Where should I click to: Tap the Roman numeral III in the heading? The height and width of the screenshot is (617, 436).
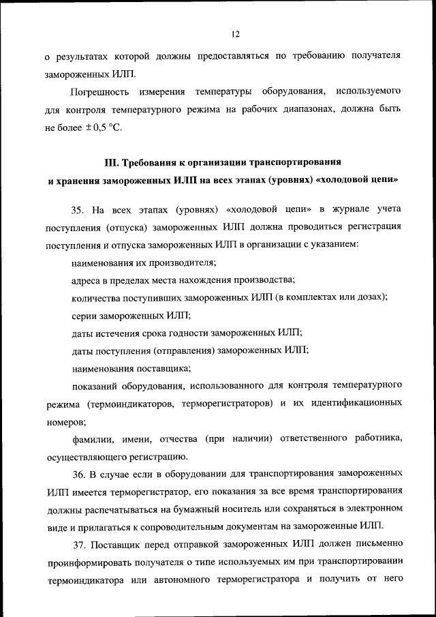111,162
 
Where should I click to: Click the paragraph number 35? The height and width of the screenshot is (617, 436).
78,208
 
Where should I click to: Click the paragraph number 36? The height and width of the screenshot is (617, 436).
79,472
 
